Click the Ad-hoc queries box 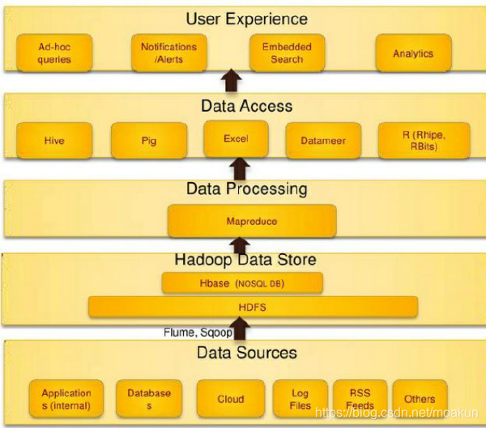(x=54, y=53)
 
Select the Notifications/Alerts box (x=168, y=53)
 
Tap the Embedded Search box (x=281, y=53)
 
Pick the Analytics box (x=412, y=53)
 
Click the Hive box (x=54, y=141)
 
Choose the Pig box (x=148, y=141)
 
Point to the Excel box (x=236, y=139)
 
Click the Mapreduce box (x=251, y=220)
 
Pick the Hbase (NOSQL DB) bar (x=242, y=283)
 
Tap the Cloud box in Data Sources (x=230, y=399)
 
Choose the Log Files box (x=300, y=399)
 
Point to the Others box (x=420, y=399)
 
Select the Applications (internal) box (x=66, y=399)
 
